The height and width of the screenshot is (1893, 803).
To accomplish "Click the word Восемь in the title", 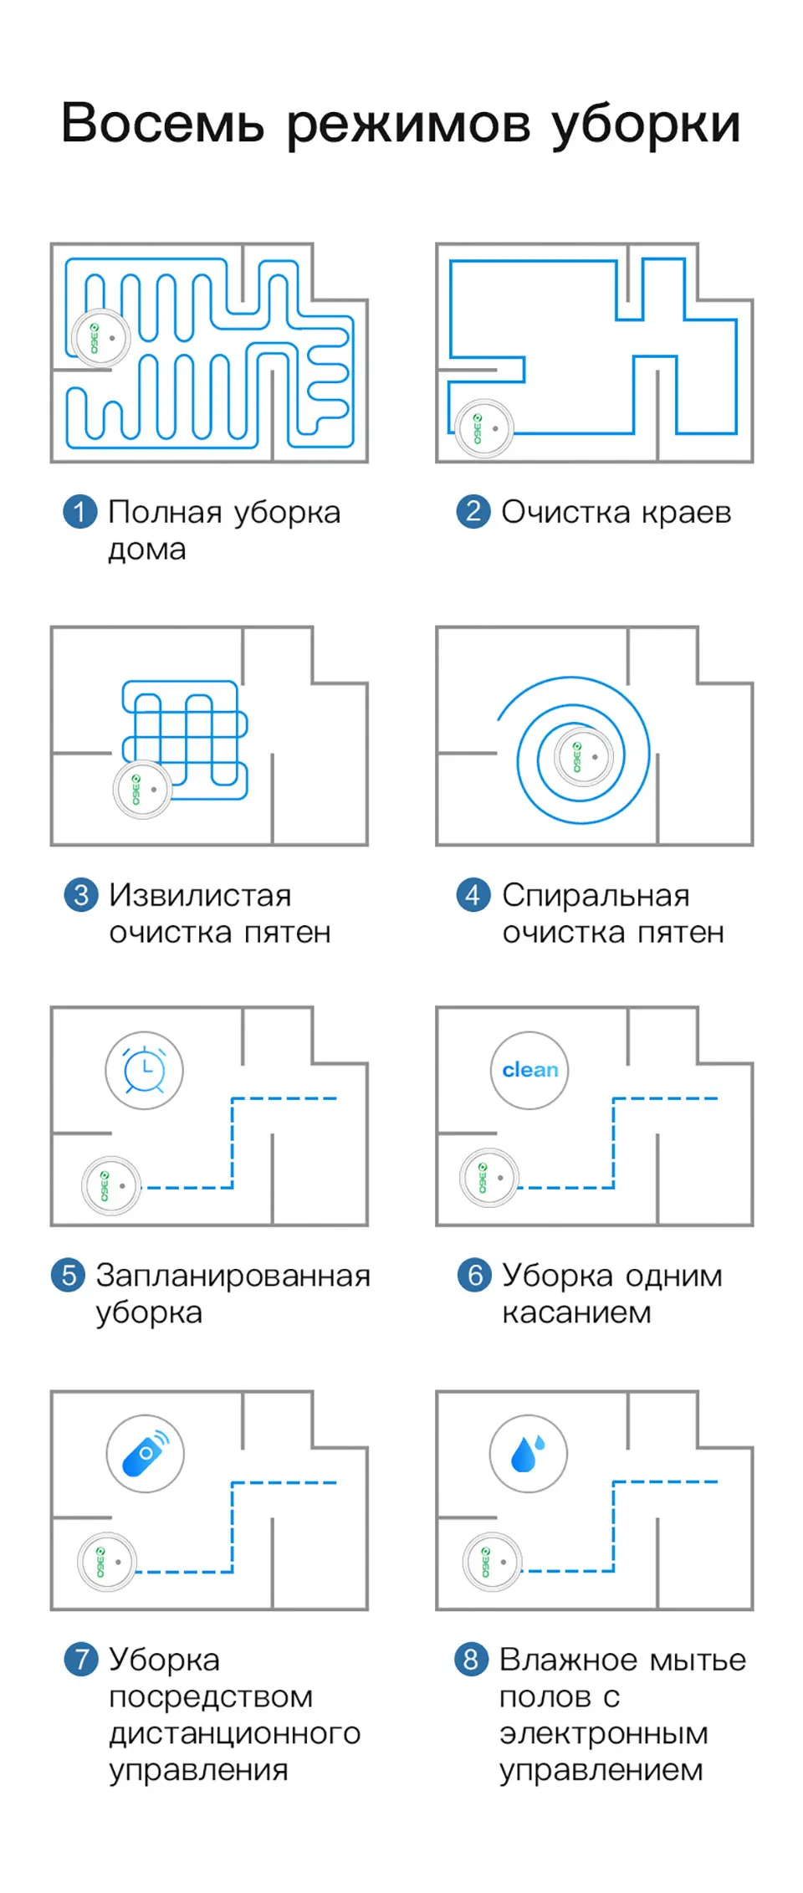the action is (163, 124).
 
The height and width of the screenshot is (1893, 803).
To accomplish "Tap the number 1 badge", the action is (80, 511).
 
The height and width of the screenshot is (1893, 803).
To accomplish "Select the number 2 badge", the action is (473, 511).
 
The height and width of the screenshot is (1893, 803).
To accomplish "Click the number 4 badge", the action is (473, 895).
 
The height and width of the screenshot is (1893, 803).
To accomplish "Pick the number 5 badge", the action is (69, 1275).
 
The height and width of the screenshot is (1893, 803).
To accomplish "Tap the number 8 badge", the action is (471, 1659).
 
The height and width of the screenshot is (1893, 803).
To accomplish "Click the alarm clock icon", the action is (144, 1070).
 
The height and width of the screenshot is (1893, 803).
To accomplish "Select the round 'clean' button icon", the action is (529, 1070).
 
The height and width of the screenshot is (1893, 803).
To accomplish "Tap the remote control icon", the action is (145, 1454).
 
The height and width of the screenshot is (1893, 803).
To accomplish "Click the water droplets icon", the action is (528, 1454).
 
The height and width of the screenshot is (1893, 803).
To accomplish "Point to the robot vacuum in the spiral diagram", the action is (582, 757).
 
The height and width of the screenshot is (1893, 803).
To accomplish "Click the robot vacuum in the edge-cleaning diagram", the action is (484, 428).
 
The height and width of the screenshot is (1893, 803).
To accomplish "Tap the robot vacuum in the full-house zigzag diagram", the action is (100, 338).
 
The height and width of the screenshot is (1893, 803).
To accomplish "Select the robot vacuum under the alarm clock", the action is (110, 1185).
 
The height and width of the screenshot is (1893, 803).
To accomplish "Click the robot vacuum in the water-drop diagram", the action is (492, 1562).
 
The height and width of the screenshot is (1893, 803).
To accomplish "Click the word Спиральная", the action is (596, 895).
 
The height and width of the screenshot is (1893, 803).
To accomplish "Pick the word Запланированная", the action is (233, 1276).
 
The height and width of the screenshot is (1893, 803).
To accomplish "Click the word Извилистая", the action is (200, 895).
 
